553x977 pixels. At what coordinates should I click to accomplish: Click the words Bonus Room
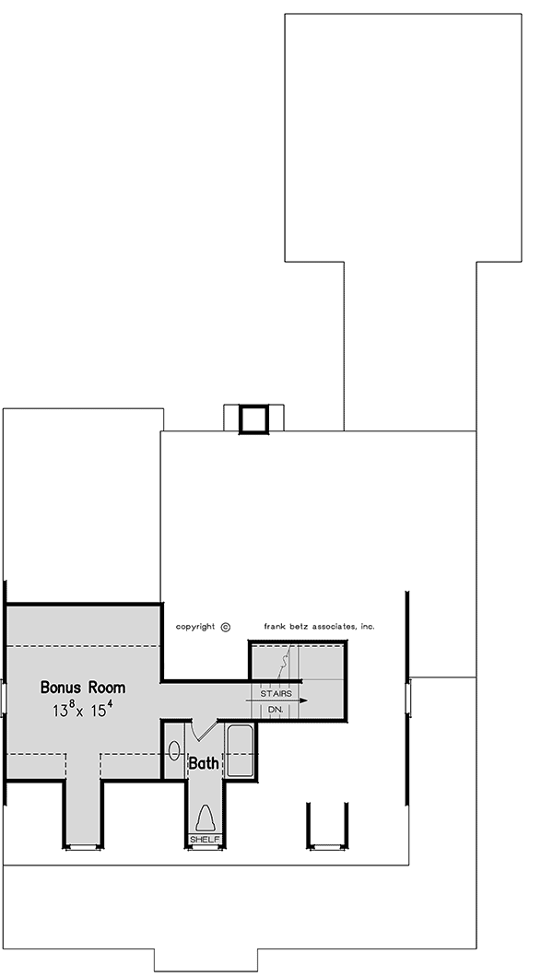(83, 688)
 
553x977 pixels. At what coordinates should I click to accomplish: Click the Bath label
(204, 762)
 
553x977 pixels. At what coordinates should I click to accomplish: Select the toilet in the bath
(205, 818)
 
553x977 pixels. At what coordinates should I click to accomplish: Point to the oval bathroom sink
(175, 751)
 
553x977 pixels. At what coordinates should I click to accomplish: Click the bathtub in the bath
(240, 751)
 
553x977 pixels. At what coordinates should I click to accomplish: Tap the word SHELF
(205, 840)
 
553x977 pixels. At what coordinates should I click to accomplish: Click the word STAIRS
(276, 693)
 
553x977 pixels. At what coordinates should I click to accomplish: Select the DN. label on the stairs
(276, 710)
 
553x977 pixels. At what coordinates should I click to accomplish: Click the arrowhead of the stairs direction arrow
(303, 700)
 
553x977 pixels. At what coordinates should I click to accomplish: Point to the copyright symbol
(226, 628)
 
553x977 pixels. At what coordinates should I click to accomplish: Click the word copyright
(195, 627)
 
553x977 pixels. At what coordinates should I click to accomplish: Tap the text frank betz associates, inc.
(319, 626)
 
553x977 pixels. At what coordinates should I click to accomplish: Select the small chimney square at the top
(253, 419)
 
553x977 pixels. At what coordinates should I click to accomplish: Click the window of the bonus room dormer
(84, 847)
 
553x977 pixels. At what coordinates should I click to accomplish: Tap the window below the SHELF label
(205, 847)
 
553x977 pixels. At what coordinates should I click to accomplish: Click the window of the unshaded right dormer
(327, 847)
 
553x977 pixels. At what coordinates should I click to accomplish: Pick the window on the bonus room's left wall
(4, 698)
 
